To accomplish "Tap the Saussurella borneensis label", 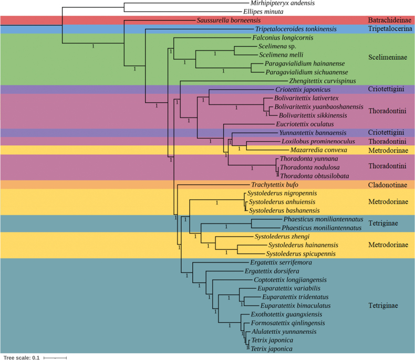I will [226, 20].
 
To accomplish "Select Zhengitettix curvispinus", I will [323, 81].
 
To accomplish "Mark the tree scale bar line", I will [55, 357].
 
